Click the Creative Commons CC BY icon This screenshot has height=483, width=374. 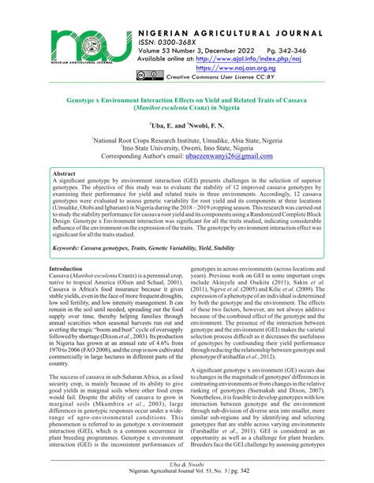click(x=150, y=78)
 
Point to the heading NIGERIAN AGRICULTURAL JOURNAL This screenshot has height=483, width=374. click(x=245, y=25)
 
